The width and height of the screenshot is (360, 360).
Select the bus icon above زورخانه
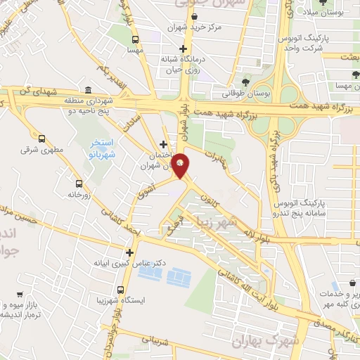pyautogui.click(x=77, y=180)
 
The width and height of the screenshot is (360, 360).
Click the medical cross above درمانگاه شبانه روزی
pyautogui.click(x=184, y=49)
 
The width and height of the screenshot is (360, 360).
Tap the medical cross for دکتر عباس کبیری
pyautogui.click(x=129, y=252)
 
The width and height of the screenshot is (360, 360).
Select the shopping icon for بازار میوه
pyautogui.click(x=20, y=296)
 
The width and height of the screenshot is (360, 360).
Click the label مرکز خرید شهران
pyautogui.click(x=195, y=27)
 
